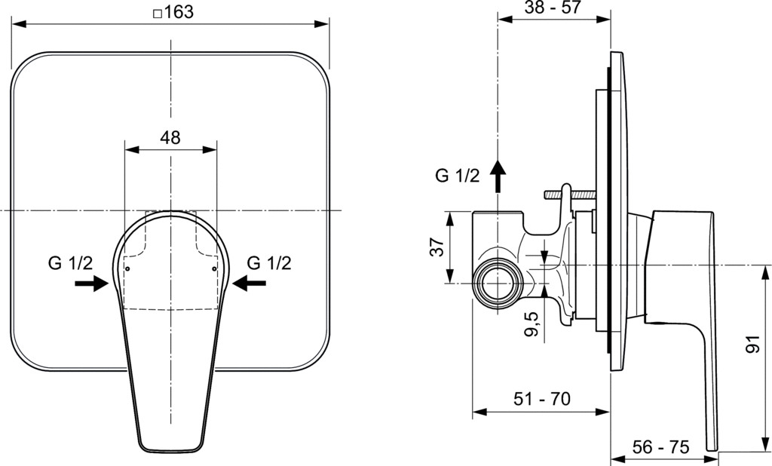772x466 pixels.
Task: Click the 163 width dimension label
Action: click(174, 12)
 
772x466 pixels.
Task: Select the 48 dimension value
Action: click(170, 137)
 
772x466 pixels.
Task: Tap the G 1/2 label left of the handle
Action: click(70, 263)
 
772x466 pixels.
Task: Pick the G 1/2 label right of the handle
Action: click(269, 263)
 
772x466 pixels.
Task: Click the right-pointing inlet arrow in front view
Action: click(91, 284)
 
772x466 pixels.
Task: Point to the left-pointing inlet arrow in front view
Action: click(249, 284)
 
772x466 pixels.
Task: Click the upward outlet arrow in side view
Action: click(498, 176)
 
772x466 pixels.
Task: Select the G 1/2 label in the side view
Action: click(457, 176)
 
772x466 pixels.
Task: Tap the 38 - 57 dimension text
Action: click(553, 8)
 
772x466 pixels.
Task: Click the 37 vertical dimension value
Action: click(437, 247)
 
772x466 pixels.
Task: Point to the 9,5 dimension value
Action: click(532, 324)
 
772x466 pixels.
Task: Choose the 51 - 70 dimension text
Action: click(541, 399)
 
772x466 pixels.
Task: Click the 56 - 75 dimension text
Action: click(660, 447)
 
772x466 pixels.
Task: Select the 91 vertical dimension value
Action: click(752, 344)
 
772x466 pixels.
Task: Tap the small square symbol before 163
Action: click(158, 14)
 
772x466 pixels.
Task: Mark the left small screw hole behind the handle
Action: click(127, 268)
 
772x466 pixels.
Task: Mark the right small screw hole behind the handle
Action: click(213, 268)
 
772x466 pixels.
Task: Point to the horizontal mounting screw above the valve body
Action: click(570, 195)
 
